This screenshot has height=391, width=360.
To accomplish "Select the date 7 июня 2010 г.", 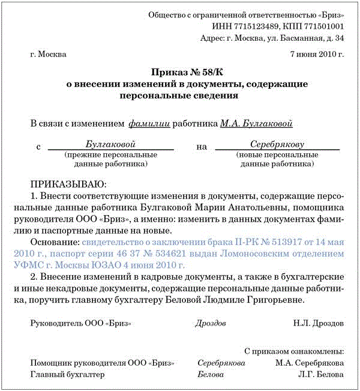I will click(316, 54).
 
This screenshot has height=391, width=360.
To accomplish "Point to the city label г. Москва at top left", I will click(48, 54).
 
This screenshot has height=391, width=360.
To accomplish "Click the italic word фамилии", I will click(149, 124).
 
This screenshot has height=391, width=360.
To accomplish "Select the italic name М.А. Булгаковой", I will click(256, 124).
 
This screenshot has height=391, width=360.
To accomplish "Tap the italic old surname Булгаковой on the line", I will click(110, 144).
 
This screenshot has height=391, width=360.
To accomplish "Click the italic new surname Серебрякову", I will click(277, 144).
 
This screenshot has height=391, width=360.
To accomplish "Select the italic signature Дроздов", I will click(211, 323).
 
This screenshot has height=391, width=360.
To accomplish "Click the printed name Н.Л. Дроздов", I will click(319, 323).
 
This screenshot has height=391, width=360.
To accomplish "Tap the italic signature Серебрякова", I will click(221, 363).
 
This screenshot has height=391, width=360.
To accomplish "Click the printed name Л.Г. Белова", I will click(323, 374).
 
